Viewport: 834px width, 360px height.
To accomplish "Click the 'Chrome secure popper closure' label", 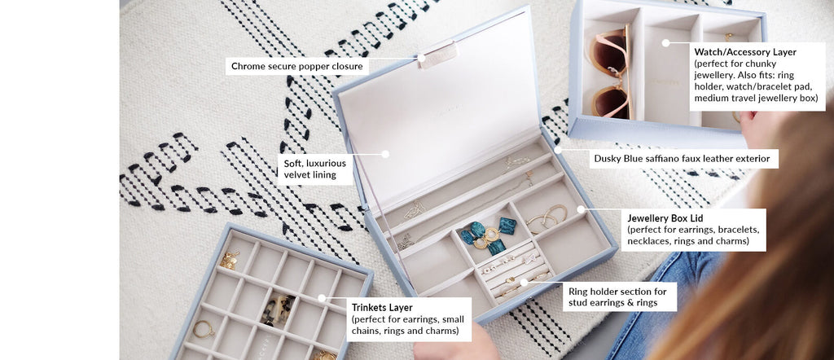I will (x=297, y=66).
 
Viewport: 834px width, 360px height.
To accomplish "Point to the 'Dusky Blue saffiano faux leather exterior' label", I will (x=681, y=158).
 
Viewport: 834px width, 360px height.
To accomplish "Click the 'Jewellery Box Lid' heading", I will (x=665, y=218).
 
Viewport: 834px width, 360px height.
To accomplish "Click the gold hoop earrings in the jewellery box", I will (x=548, y=217).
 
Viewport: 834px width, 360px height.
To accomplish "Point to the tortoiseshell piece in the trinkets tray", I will (x=279, y=308).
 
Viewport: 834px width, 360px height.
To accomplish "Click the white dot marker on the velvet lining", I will (x=385, y=153).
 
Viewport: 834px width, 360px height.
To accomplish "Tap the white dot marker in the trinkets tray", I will (x=322, y=298).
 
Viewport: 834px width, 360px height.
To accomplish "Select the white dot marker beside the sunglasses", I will (x=665, y=42).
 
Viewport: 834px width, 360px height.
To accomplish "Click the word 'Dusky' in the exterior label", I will (x=608, y=158).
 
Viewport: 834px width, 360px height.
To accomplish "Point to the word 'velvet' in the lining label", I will (x=299, y=174).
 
